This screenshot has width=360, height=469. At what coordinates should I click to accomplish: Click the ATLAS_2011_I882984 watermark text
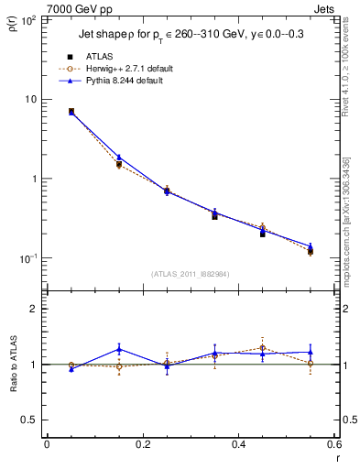(x=191, y=273)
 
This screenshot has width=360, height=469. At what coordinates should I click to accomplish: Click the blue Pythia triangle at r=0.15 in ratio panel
(x=119, y=348)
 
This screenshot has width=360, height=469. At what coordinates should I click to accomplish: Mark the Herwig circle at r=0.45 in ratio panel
(x=263, y=348)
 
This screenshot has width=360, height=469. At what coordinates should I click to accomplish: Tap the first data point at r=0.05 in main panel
(x=71, y=112)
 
